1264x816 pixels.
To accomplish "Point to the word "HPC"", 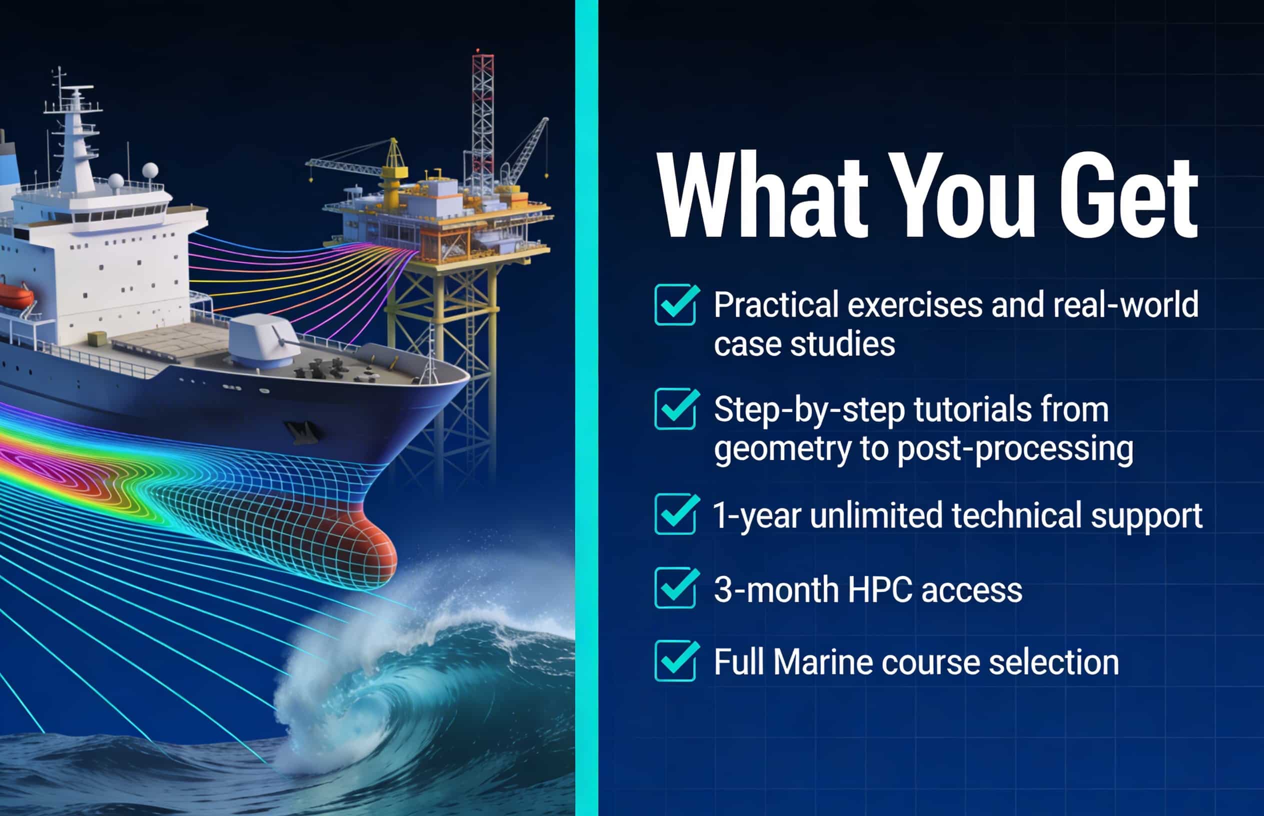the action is tap(879, 589).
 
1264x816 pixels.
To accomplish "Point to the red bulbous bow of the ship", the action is tap(365, 546).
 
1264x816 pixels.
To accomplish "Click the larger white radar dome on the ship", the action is tap(150, 170).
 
